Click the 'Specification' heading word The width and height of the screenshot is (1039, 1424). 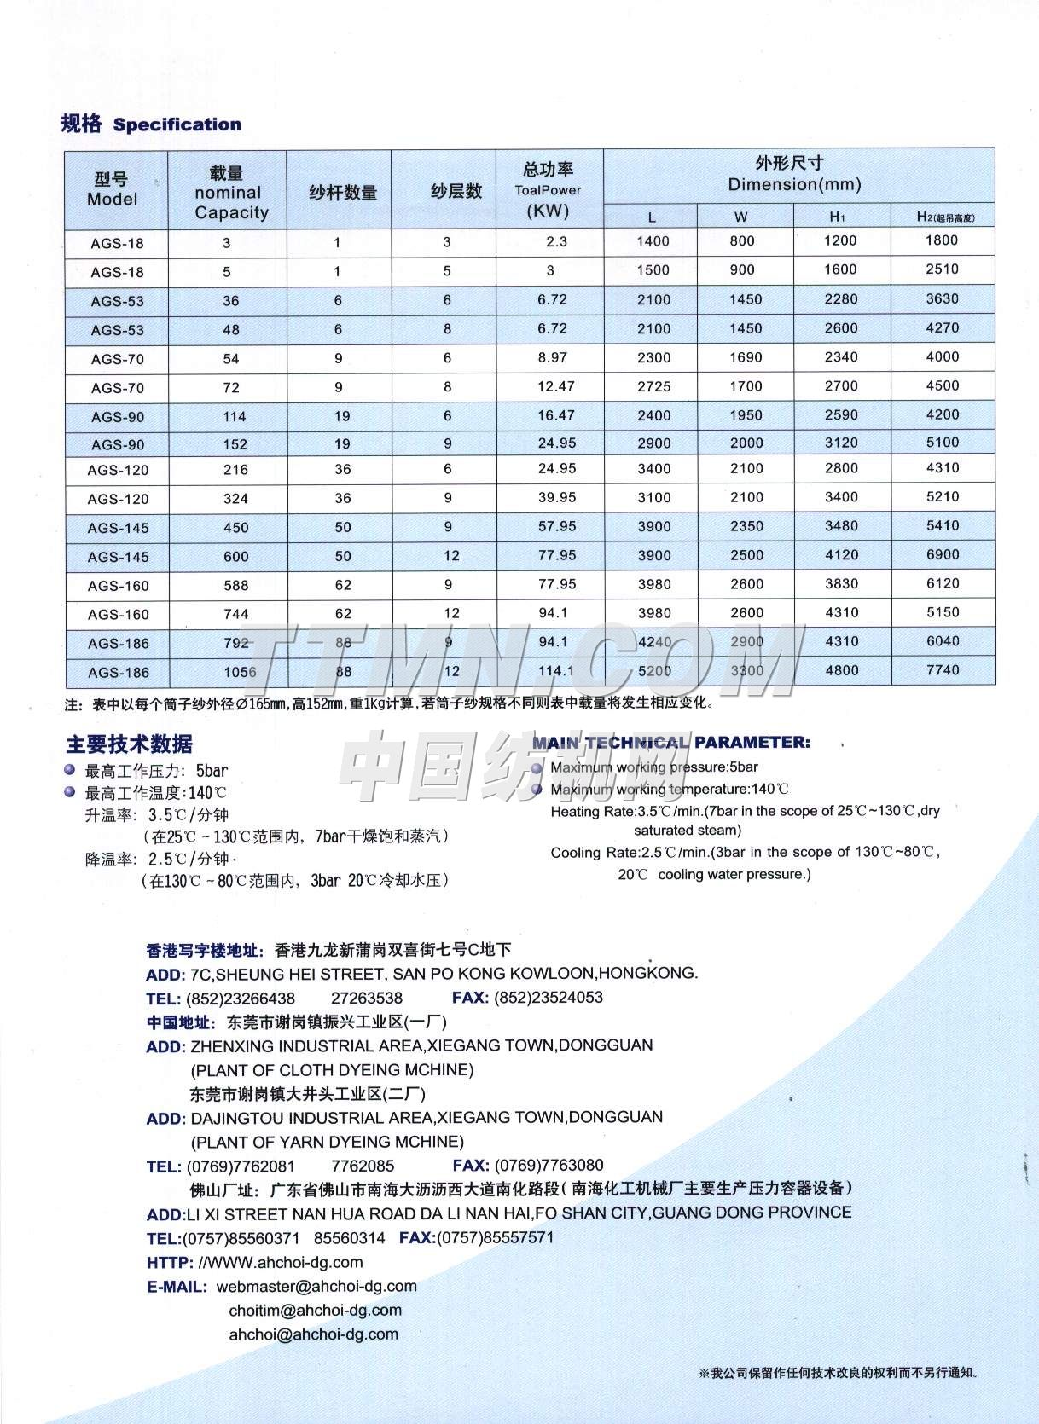tap(177, 124)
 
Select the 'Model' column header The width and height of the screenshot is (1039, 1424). tap(112, 199)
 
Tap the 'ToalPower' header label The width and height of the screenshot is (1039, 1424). tap(548, 190)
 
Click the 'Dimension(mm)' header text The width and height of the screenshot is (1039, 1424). tap(794, 184)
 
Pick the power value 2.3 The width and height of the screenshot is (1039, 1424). tap(556, 241)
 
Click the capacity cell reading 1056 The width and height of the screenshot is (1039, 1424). tap(240, 672)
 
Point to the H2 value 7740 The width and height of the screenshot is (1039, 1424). tap(943, 670)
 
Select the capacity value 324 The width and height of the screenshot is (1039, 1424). tap(235, 499)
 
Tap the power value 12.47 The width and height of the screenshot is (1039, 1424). tap(555, 386)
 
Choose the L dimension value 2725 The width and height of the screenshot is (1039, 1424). tap(653, 386)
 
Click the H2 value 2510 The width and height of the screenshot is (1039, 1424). tap(942, 269)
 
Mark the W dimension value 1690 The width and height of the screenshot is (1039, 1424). tap(746, 357)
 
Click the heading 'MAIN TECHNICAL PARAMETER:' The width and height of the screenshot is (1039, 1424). tap(670, 743)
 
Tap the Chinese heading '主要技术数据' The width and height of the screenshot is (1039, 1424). tap(129, 744)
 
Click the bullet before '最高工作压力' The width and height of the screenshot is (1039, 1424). tap(70, 770)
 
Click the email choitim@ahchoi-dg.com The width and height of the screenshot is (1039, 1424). tap(315, 1310)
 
